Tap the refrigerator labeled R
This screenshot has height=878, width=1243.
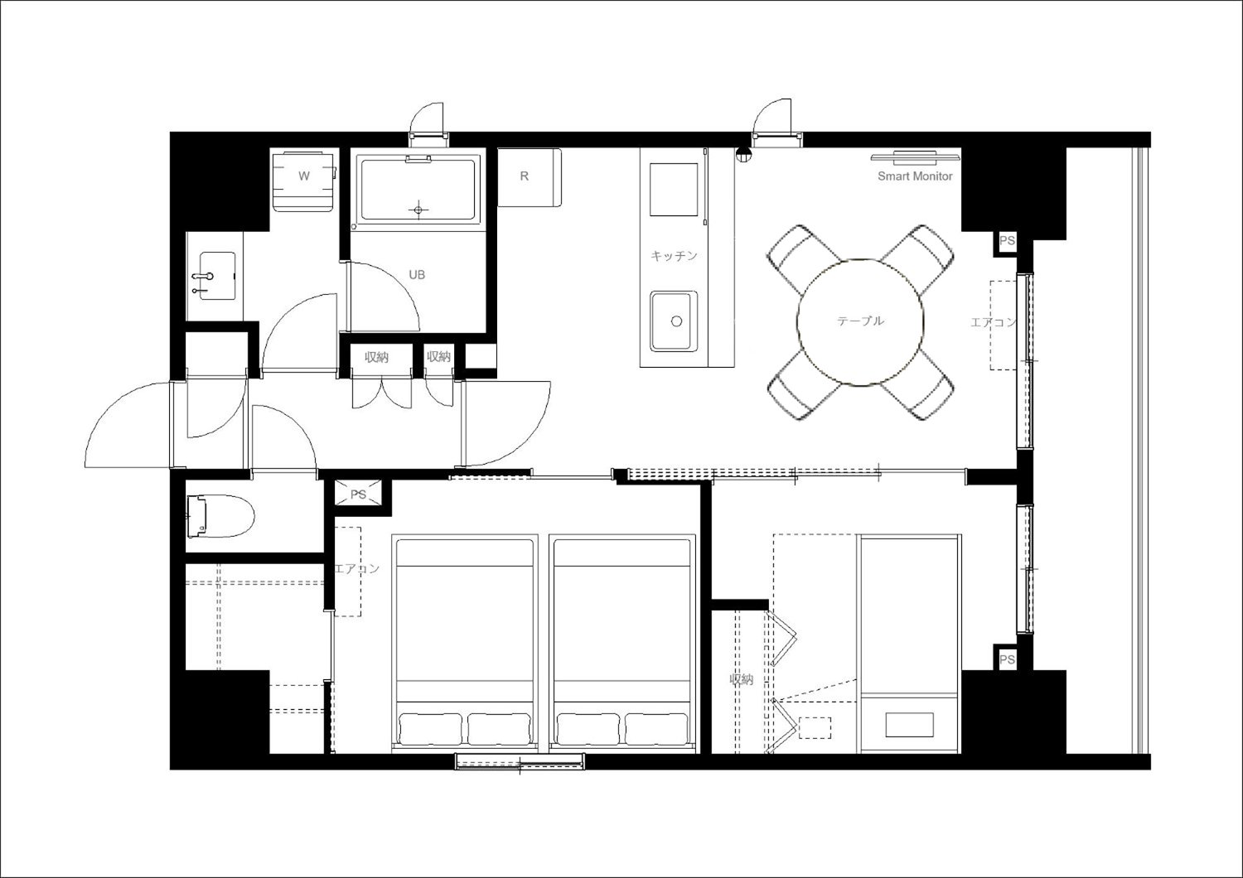click(529, 177)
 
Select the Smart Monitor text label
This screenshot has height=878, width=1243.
click(915, 176)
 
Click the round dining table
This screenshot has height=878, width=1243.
click(860, 322)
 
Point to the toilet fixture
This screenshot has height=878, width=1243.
click(220, 516)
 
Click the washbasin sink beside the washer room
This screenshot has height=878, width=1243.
click(217, 276)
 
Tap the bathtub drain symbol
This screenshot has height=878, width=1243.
click(418, 210)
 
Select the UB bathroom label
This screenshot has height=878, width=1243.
click(417, 274)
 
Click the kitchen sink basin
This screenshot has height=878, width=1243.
click(674, 321)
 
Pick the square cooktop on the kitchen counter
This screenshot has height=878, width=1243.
click(674, 189)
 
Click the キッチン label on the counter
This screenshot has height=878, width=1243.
click(674, 256)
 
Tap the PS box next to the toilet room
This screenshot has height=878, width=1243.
click(359, 494)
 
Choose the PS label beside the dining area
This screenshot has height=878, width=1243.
click(1007, 241)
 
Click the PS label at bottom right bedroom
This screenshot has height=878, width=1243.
click(1007, 659)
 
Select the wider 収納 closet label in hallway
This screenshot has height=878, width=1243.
click(376, 357)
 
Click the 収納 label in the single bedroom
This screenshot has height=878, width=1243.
click(742, 679)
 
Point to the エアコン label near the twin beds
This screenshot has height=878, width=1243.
click(357, 568)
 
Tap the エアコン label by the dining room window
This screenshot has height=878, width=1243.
click(994, 321)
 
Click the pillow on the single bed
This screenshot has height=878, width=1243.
click(909, 725)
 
